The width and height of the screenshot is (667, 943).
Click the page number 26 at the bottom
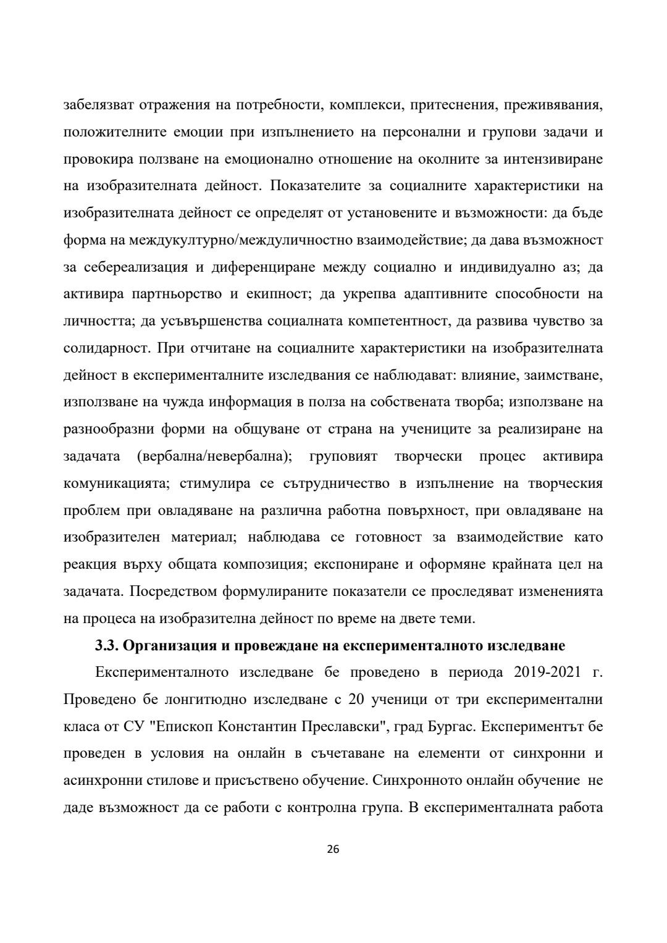coord(333,849)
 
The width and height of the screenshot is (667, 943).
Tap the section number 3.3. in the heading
coord(107,646)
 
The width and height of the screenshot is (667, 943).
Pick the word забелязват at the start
coord(97,105)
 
